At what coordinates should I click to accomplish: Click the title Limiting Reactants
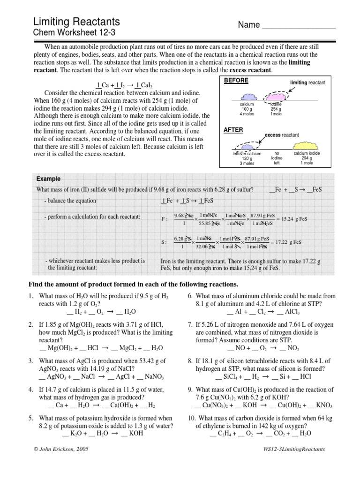tap(76, 21)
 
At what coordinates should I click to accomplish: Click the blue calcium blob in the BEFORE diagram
tap(247, 96)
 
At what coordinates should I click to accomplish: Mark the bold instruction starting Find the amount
tap(134, 285)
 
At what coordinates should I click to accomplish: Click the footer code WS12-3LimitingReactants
tap(294, 449)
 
